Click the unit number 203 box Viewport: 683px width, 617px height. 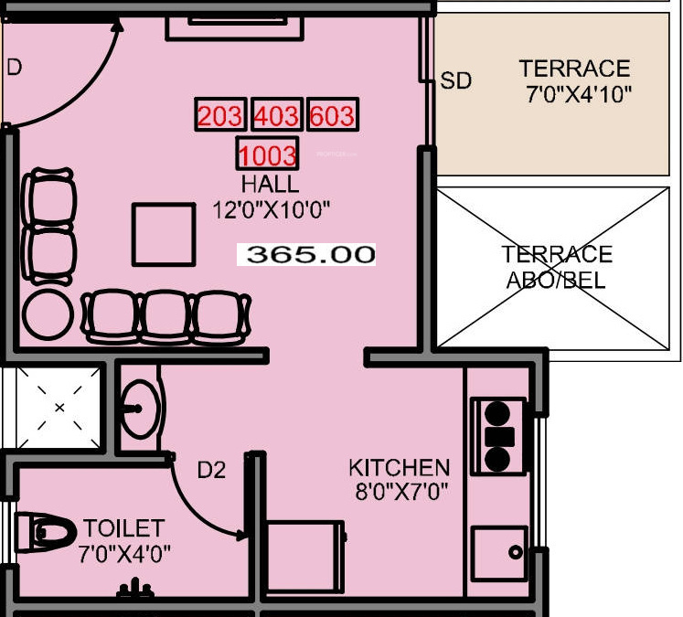pyautogui.click(x=220, y=116)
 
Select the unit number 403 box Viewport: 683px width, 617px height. pyautogui.click(x=276, y=116)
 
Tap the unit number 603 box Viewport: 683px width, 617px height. pyautogui.click(x=332, y=116)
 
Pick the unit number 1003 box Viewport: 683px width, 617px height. pyautogui.click(x=267, y=154)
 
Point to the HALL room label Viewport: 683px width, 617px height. pyautogui.click(x=270, y=185)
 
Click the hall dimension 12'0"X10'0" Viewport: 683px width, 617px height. pyautogui.click(x=271, y=210)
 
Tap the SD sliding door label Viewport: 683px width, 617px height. pyautogui.click(x=455, y=81)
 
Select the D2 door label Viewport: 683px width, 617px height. pyautogui.click(x=211, y=470)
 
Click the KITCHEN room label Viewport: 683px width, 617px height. pyautogui.click(x=399, y=468)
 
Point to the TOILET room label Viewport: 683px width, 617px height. pyautogui.click(x=123, y=528)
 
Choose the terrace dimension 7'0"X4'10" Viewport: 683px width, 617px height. pyautogui.click(x=579, y=93)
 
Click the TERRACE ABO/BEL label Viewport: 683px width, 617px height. pyautogui.click(x=556, y=267)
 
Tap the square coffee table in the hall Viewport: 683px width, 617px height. pyautogui.click(x=163, y=234)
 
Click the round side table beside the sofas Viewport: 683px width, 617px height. pyautogui.click(x=48, y=315)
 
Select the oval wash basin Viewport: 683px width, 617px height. pyautogui.click(x=141, y=409)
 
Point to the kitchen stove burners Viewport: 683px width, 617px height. pyautogui.click(x=498, y=435)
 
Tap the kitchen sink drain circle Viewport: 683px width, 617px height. pyautogui.click(x=516, y=553)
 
